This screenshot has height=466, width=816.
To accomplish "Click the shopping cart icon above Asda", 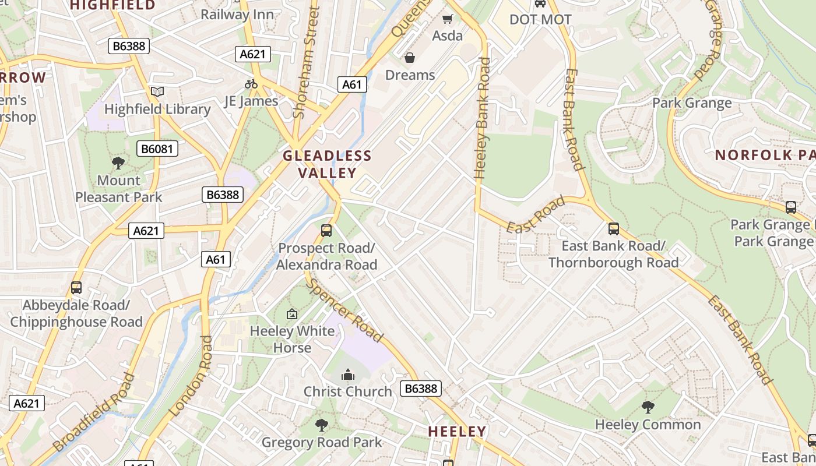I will (x=447, y=19).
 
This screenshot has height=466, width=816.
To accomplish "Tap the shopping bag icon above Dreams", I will (x=410, y=58).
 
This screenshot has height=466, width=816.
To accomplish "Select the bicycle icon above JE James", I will (x=251, y=84).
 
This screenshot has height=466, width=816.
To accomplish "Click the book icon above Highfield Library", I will (x=157, y=91).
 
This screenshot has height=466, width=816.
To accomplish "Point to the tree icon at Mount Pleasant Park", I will (x=118, y=163).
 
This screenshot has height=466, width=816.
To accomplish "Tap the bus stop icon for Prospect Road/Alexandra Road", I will (x=326, y=230).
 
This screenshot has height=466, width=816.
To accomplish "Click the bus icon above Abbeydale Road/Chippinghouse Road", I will (x=76, y=287).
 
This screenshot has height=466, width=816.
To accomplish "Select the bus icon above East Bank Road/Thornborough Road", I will (x=613, y=228).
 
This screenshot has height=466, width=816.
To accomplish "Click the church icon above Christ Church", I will (x=348, y=374).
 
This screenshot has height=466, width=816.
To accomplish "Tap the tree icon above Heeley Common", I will (x=648, y=407).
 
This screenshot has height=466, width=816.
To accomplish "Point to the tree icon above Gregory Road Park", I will (x=321, y=425).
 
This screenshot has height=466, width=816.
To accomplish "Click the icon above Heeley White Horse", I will (x=292, y=314).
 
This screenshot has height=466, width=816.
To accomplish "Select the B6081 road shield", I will (x=157, y=149).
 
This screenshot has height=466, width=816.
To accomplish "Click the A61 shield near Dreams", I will (x=351, y=84).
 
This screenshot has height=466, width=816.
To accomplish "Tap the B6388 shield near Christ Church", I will (x=421, y=389).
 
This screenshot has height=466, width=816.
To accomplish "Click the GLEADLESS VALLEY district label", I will (x=327, y=164).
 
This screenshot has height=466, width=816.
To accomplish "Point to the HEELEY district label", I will (x=457, y=432).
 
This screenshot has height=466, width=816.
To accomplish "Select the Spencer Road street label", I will (x=345, y=310).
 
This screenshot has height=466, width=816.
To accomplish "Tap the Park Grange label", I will (x=692, y=103).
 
